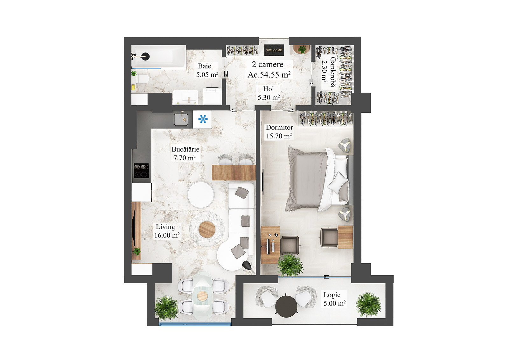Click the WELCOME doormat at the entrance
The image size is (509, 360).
pos(274,50)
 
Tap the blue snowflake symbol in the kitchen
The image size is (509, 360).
pos(203,119)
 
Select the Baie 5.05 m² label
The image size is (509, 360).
pos(207,70)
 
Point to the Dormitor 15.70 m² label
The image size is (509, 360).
pos(279,131)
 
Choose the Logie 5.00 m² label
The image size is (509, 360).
pos(334,299)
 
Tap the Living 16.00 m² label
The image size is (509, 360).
pos(167,231)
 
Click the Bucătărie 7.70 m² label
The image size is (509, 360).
pos(185,153)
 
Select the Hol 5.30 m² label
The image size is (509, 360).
pos(269,93)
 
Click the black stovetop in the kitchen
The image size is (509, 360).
pos(141,171)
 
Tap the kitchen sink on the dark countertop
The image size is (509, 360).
pos(181,119)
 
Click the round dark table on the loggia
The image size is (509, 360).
pos(286,306)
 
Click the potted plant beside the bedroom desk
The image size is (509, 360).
pos(289,265)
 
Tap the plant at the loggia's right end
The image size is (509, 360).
pos(368,304)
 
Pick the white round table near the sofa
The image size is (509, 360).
pos(201,194)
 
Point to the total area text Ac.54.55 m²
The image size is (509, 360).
pos(269,75)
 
